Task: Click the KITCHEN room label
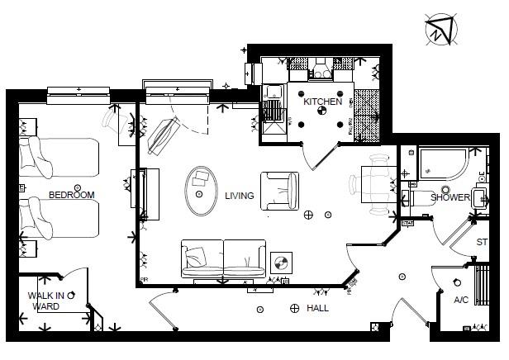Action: pyautogui.click(x=321, y=102)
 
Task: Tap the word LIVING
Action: pyautogui.click(x=240, y=196)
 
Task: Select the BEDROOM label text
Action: pyautogui.click(x=71, y=195)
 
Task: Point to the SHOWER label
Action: pyautogui.click(x=450, y=198)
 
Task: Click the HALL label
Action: pyautogui.click(x=317, y=308)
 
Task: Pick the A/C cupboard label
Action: pyautogui.click(x=460, y=300)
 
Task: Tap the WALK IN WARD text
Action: pyautogui.click(x=46, y=301)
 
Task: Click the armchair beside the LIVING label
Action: pyautogui.click(x=280, y=191)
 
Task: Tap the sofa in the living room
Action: pyautogui.click(x=223, y=258)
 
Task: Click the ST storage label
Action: pyautogui.click(x=482, y=242)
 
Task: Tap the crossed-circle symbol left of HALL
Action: pyautogui.click(x=295, y=309)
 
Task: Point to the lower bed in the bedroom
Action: pyautogui.click(x=59, y=221)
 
